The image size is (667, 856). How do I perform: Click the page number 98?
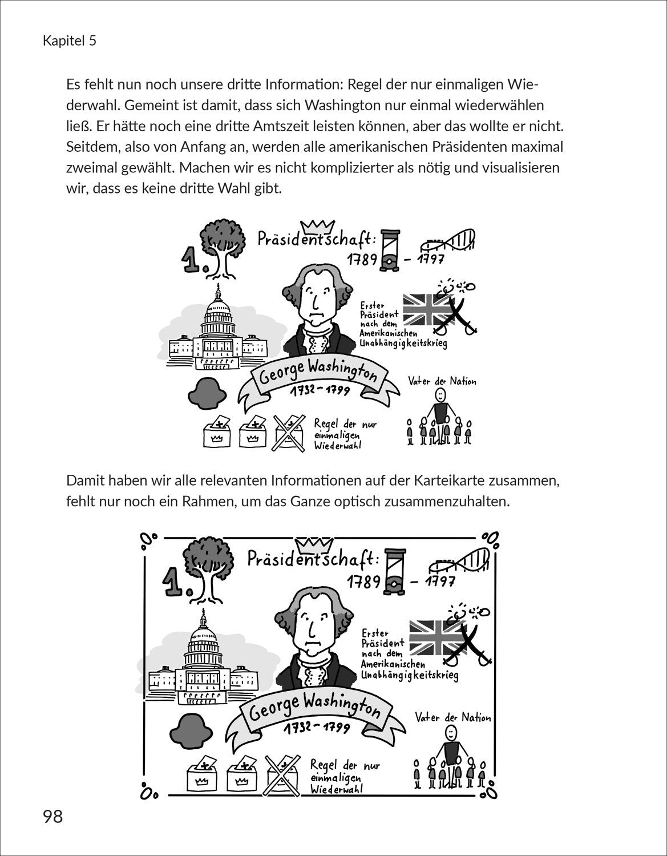click(x=52, y=817)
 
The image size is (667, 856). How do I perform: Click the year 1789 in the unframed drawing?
click(x=363, y=261)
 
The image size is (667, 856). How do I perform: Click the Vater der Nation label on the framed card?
click(x=452, y=718)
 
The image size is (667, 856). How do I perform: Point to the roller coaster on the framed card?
click(x=463, y=561)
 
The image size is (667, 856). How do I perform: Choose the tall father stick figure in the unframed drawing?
click(x=440, y=410)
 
